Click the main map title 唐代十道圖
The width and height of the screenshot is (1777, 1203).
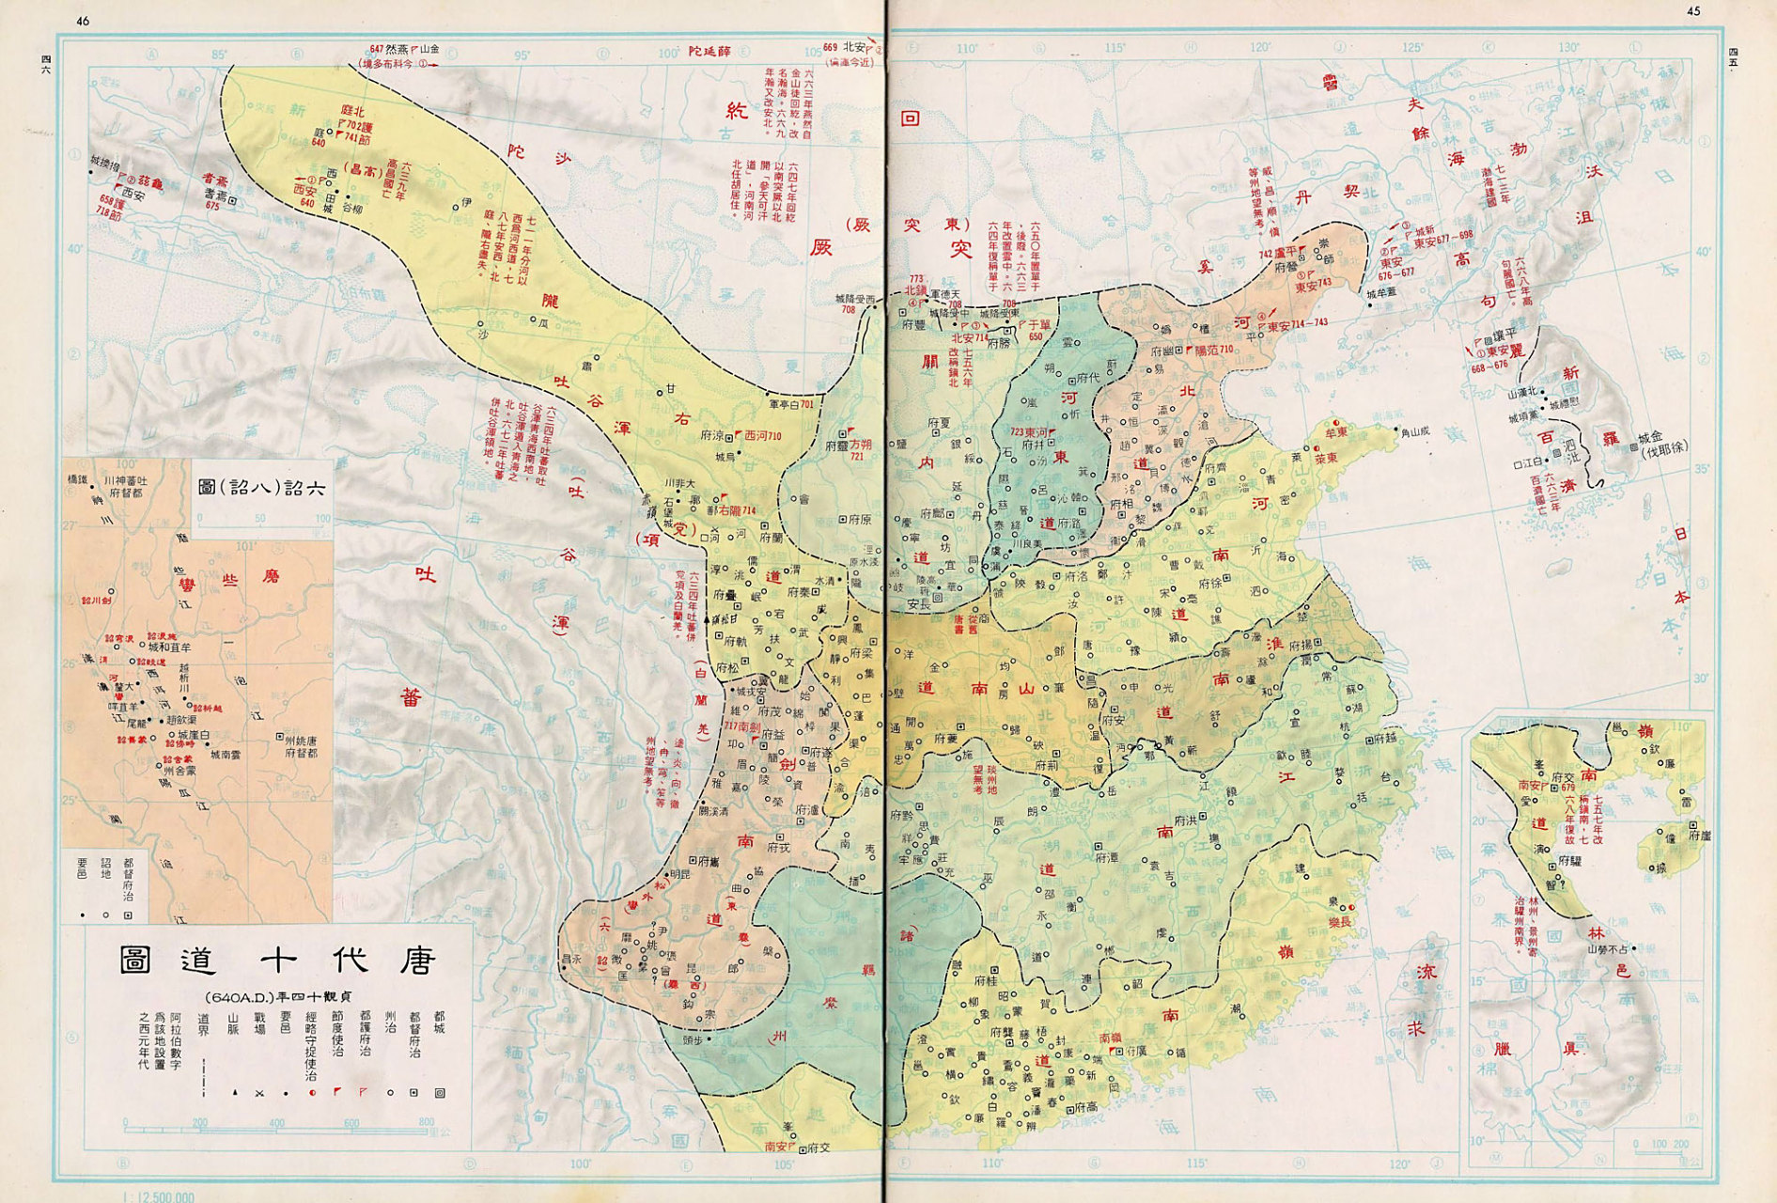click(278, 961)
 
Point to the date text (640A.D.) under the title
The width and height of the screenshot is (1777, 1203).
click(279, 997)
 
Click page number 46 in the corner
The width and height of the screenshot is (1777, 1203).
click(83, 21)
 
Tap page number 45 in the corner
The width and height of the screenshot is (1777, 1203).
click(1693, 11)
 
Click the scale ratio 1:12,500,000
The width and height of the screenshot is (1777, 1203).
click(159, 1196)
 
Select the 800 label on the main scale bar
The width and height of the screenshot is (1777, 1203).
click(426, 1122)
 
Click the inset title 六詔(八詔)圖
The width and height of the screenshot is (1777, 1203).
click(262, 488)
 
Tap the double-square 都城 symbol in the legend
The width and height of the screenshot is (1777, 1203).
click(440, 1093)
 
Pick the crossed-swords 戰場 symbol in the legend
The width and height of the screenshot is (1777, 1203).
click(257, 1094)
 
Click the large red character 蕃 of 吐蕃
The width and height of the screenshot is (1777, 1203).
click(411, 696)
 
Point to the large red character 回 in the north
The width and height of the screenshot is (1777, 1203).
click(909, 119)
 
